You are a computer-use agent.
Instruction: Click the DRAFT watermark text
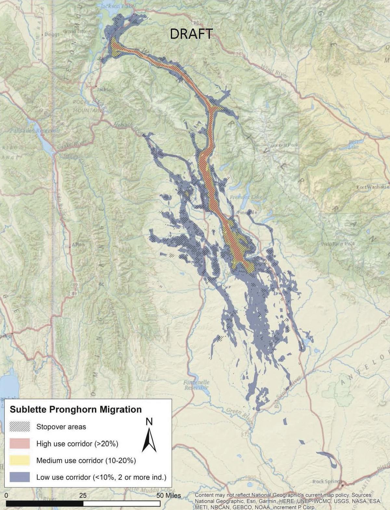[191, 34]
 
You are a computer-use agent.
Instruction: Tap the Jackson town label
[106, 89]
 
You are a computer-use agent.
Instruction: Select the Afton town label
[78, 245]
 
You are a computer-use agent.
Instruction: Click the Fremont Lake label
[246, 197]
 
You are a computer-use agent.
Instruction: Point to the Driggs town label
[52, 35]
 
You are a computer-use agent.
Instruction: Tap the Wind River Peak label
[338, 244]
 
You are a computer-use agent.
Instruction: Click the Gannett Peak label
[284, 145]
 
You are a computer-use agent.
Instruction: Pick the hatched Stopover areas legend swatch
[20, 427]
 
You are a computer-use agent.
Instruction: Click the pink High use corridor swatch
[20, 444]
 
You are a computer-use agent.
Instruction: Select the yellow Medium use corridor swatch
[20, 460]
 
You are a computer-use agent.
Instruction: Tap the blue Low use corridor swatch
[20, 477]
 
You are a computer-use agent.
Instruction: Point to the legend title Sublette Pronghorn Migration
[76, 409]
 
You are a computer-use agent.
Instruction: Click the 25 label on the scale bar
[83, 495]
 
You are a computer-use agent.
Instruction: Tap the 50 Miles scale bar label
[169, 495]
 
